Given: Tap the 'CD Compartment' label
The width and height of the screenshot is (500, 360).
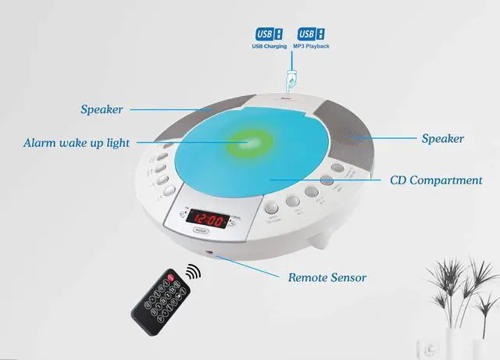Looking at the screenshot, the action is click(x=436, y=180).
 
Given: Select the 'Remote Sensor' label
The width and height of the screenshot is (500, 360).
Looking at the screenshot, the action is click(x=327, y=277).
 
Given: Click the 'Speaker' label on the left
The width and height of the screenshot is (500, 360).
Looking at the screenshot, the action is click(x=102, y=109).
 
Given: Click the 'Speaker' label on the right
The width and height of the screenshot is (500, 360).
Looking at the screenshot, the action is click(x=443, y=138).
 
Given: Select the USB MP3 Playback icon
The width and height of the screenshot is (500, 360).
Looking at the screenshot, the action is click(x=309, y=34).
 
